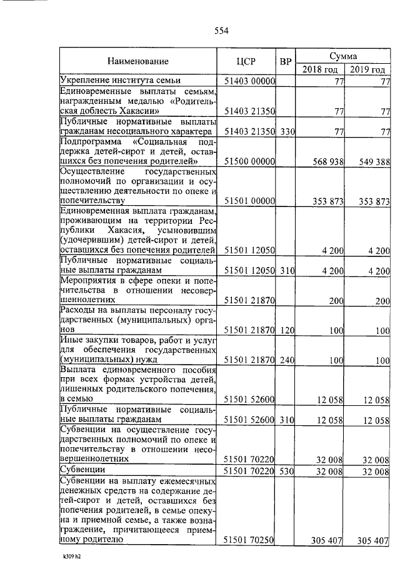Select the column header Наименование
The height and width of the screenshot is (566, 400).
(137, 62)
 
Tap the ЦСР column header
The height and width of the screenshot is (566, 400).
(248, 62)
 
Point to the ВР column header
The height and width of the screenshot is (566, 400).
(286, 62)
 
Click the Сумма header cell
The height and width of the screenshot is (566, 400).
(343, 55)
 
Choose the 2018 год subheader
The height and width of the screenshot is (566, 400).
(320, 69)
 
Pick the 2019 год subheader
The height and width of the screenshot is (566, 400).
(367, 69)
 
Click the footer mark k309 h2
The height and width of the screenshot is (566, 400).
(72, 555)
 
